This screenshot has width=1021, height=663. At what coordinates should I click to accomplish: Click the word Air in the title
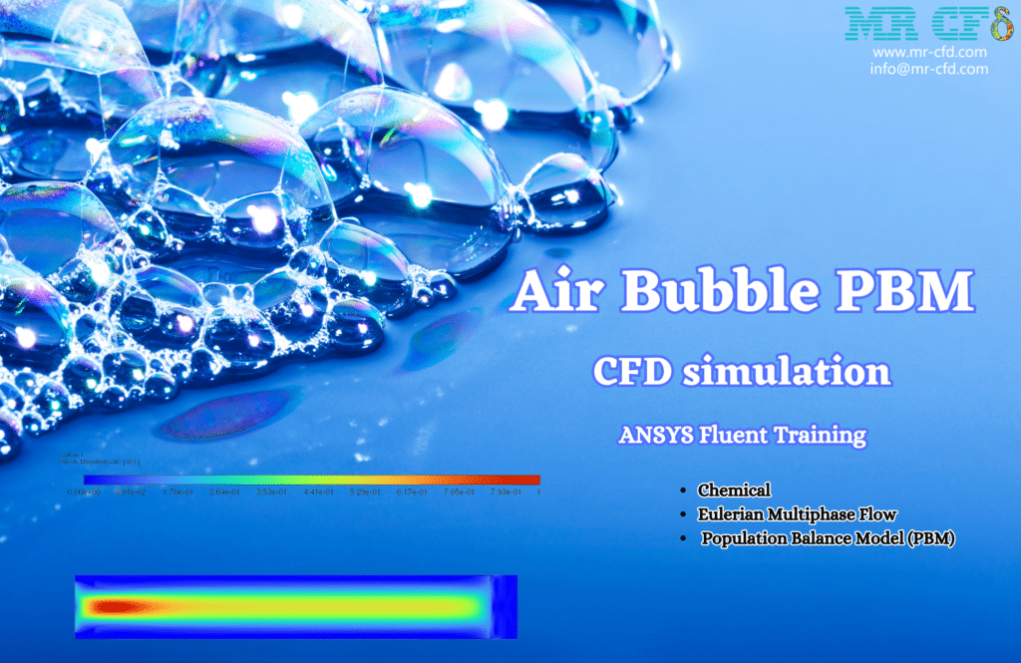[x=554, y=292]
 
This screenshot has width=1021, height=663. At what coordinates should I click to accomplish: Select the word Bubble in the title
[x=725, y=292]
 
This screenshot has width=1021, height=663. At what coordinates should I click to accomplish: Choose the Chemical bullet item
[x=734, y=490]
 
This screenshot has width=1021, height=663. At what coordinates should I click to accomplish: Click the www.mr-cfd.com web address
[x=929, y=52]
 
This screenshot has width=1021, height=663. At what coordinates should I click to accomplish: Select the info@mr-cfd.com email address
[x=929, y=69]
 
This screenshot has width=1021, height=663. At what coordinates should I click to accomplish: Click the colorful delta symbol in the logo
[x=998, y=22]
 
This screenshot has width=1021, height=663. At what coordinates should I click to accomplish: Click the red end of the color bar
[x=528, y=480]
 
